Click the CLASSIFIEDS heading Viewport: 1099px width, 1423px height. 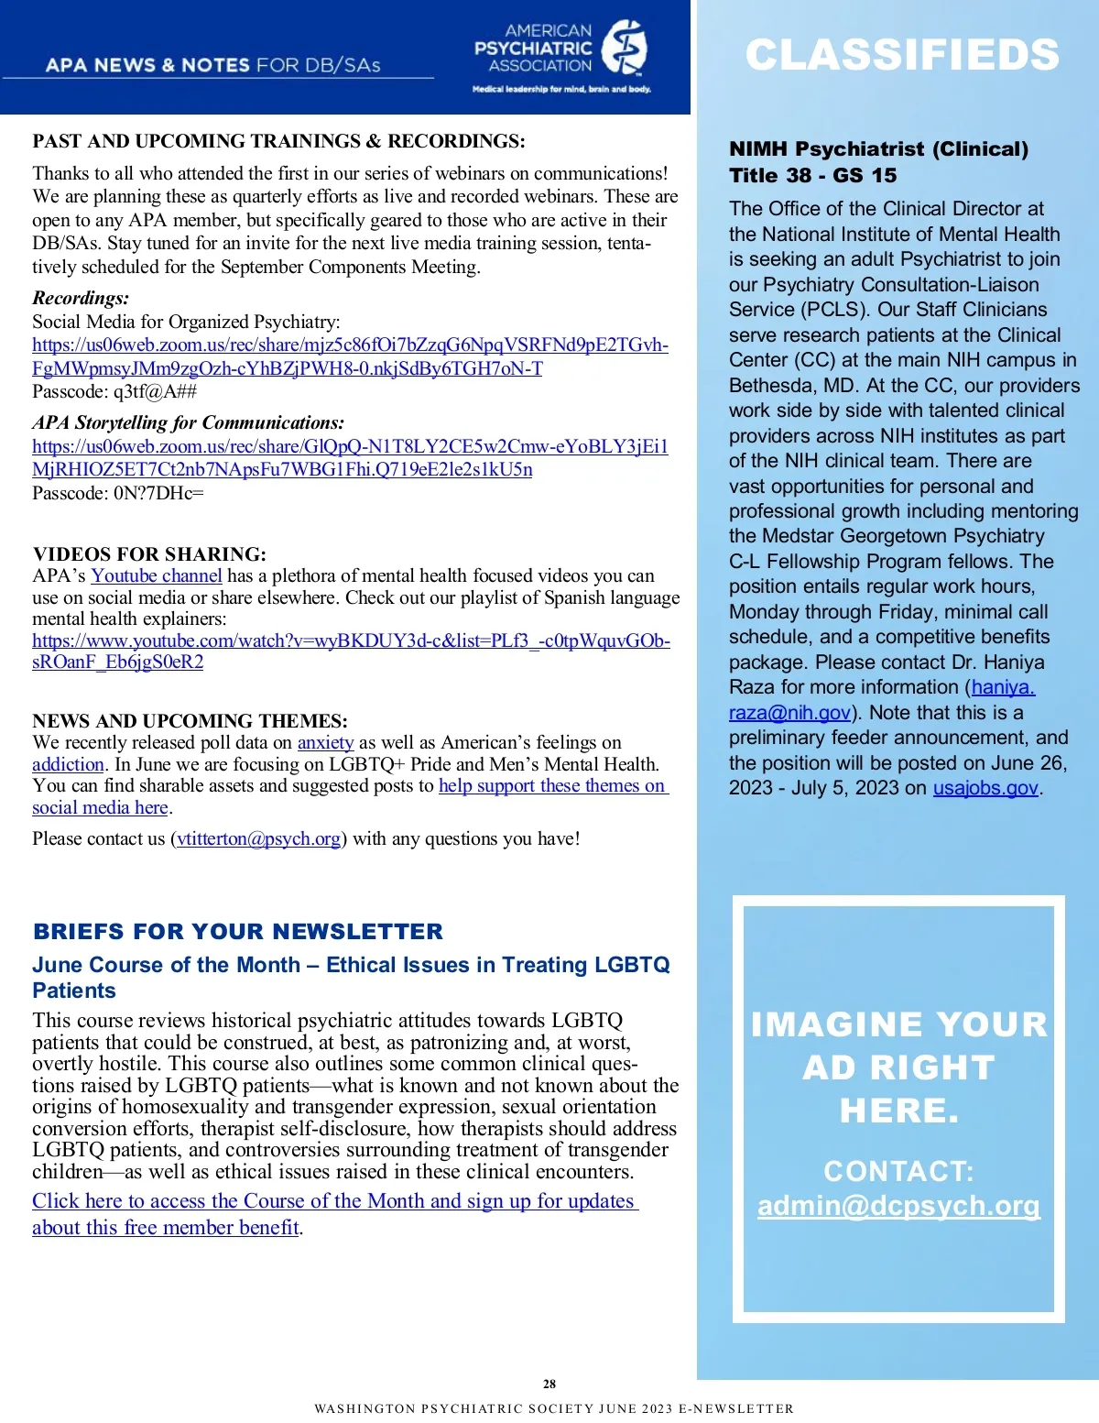(902, 55)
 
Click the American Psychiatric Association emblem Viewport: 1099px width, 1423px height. (625, 48)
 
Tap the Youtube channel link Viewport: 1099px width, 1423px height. (157, 576)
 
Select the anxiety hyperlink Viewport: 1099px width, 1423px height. (325, 743)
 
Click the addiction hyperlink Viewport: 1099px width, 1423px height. (68, 765)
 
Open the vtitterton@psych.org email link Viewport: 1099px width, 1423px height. (259, 839)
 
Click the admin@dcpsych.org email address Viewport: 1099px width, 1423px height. (898, 1206)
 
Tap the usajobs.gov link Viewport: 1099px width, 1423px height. (985, 788)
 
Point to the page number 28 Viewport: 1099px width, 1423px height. (549, 1384)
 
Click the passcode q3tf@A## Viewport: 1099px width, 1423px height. (155, 392)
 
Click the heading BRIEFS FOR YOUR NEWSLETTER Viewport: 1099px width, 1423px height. (238, 932)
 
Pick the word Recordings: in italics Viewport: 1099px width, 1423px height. (81, 298)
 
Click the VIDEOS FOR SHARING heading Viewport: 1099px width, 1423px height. (149, 554)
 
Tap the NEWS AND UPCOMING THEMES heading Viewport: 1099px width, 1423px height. (190, 721)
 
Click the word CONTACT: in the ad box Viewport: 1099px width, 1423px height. (898, 1171)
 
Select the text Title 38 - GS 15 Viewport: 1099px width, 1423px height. (812, 176)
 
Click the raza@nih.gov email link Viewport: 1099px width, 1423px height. (789, 713)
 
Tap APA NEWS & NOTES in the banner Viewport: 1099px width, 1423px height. (147, 65)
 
